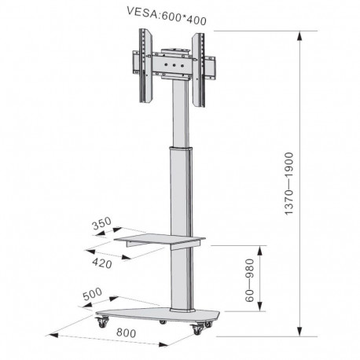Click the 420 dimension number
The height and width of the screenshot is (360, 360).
point(101,263)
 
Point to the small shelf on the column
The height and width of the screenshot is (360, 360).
point(161,238)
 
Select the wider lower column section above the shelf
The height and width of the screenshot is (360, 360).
point(179,189)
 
